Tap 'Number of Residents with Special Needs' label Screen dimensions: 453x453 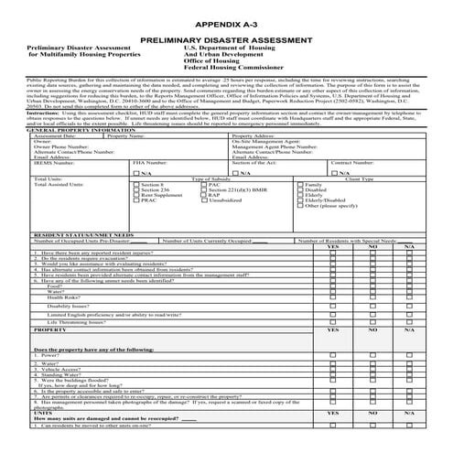tap(354, 241)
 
